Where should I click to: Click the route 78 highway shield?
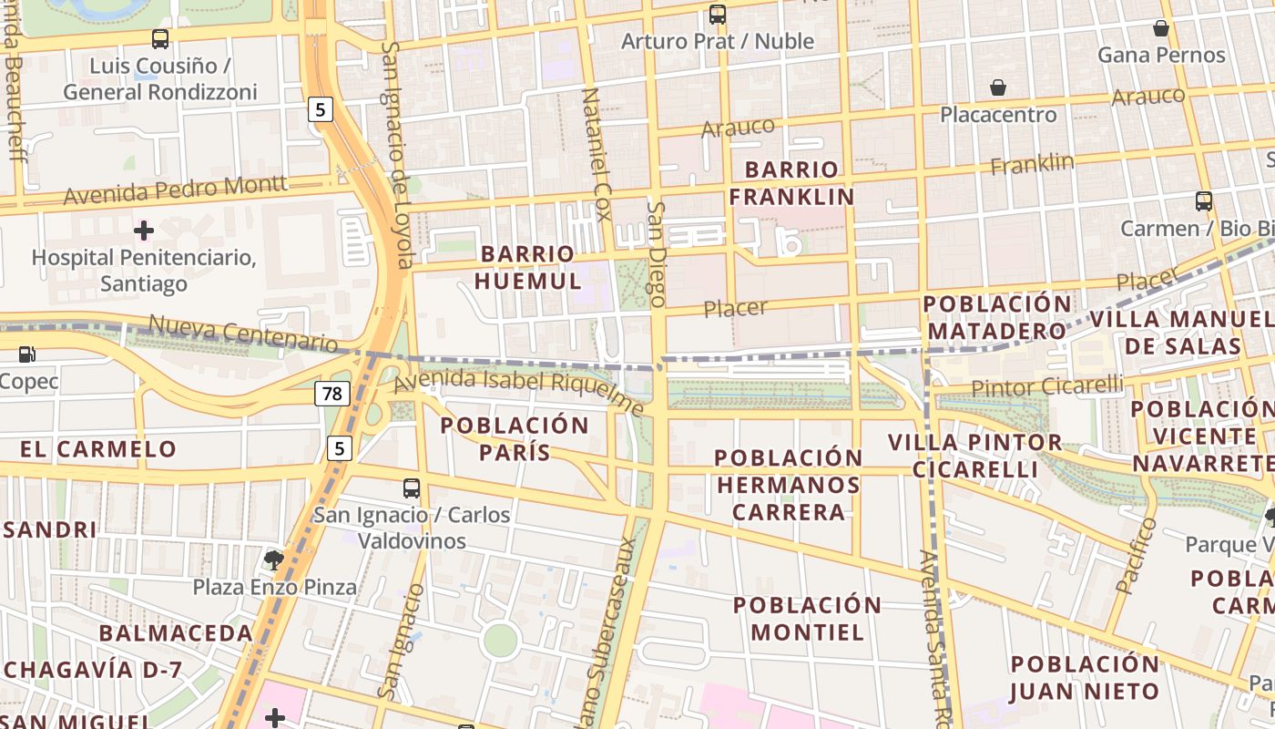[332, 394]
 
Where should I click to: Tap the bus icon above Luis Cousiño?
[160, 39]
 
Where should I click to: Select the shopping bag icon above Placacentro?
[998, 87]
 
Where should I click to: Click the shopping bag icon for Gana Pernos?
[1160, 28]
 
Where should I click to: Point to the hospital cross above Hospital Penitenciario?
[143, 230]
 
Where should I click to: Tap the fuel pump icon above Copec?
[27, 354]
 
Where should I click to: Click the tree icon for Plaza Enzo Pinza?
[273, 560]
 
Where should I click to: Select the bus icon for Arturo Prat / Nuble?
[718, 15]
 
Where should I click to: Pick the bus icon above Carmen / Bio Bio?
[1203, 201]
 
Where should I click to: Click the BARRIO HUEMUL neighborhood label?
[529, 267]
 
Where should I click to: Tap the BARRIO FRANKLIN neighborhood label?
[791, 183]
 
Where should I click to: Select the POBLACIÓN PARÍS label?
[515, 438]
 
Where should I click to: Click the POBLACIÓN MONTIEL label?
[807, 619]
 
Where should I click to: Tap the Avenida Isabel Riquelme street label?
[518, 391]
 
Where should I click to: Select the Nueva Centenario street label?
[242, 334]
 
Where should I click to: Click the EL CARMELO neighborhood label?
[98, 449]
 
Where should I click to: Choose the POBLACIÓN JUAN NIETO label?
[1085, 677]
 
